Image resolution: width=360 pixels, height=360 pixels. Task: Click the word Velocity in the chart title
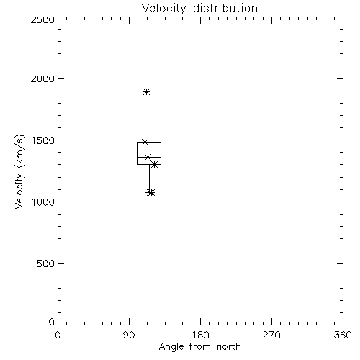coord(163,9)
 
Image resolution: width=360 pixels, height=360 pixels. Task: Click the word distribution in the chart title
coord(225,8)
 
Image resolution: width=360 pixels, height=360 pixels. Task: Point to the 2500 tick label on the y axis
coord(42,19)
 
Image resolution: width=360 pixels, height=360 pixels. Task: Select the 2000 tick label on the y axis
coord(42,78)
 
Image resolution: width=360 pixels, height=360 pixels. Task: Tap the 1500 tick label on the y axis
coord(43,140)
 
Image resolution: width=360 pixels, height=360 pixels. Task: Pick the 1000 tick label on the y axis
coord(43,202)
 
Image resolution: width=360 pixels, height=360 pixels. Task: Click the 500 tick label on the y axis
coord(46,264)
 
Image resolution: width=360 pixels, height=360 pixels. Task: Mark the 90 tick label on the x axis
coord(129,335)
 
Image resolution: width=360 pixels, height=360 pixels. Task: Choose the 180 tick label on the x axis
coord(200,335)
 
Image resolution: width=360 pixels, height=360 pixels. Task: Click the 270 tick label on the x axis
coord(271,335)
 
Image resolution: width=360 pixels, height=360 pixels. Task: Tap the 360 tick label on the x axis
coord(343,335)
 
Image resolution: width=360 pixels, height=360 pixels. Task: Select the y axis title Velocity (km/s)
coord(19,171)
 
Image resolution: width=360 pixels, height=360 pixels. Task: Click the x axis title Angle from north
coord(200,347)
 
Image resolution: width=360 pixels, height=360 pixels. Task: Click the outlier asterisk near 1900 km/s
coord(147,92)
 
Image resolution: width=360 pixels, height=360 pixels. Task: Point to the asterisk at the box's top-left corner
coord(145,142)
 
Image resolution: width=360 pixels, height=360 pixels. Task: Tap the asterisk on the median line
coord(148,158)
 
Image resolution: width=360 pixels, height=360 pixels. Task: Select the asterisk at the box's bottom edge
coord(155,165)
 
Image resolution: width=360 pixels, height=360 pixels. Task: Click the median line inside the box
coord(149,158)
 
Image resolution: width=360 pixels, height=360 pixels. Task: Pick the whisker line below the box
coord(149,179)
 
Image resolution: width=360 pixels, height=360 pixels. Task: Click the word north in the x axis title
coord(229,347)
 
